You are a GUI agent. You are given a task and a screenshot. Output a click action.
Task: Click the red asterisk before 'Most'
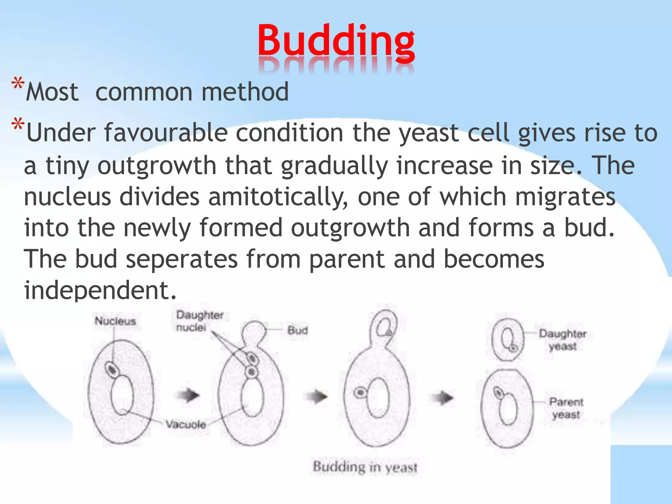tap(18, 85)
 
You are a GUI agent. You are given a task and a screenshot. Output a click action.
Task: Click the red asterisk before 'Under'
tap(18, 126)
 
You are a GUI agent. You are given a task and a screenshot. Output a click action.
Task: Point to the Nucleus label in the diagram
tap(115, 321)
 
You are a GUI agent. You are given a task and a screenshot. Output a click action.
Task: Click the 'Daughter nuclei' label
tap(199, 321)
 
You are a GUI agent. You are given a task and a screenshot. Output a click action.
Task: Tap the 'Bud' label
tap(298, 330)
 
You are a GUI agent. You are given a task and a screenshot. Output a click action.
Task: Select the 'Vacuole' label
tap(186, 425)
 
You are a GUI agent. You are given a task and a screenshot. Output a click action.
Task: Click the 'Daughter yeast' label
tap(562, 340)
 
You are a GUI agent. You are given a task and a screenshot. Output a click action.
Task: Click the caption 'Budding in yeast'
tap(365, 467)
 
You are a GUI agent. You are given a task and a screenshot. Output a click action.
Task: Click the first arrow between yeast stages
tap(189, 395)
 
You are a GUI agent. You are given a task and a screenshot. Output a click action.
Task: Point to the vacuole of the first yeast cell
tap(122, 395)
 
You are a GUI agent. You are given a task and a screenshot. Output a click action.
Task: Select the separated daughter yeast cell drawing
tap(508, 340)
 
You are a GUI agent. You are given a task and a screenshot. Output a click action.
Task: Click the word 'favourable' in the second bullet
tap(166, 133)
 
